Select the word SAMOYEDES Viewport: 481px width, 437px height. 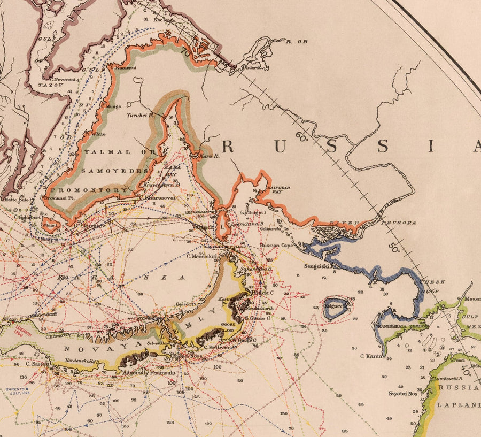tap(114, 171)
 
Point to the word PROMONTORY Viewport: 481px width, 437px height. tap(98, 190)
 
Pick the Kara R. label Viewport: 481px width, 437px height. tap(210, 156)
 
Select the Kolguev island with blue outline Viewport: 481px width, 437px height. tap(336, 308)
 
